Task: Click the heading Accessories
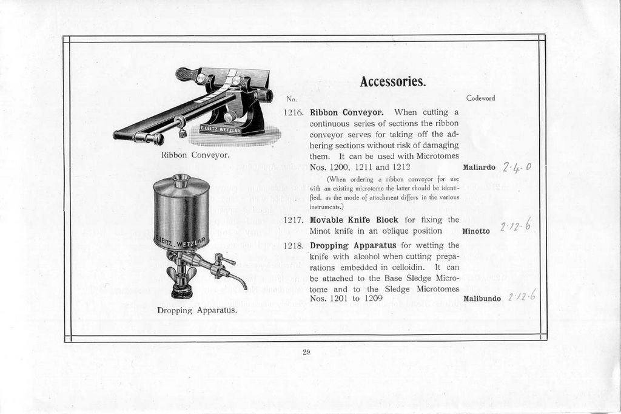pos(392,81)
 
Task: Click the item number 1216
pos(294,112)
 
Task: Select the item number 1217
pos(294,220)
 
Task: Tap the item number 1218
pos(294,246)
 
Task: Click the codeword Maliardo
pos(479,168)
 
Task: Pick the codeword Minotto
pos(476,231)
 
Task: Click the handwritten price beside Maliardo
pos(517,166)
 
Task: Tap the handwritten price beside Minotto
pos(516,226)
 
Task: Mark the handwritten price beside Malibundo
pos(522,296)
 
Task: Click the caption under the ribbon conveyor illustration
pos(195,155)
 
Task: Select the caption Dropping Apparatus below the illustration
pos(197,310)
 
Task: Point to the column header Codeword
pos(480,98)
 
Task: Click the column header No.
pos(291,99)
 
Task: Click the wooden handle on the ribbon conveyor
pos(187,75)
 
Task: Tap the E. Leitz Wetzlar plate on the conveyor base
pos(221,128)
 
